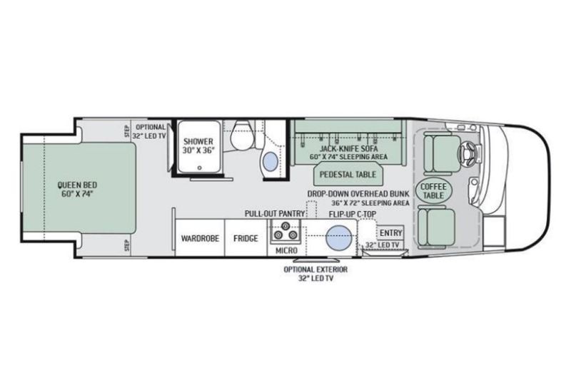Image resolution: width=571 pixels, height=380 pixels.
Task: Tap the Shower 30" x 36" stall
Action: click(x=197, y=145)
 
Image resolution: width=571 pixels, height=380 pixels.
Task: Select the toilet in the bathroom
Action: click(x=240, y=135)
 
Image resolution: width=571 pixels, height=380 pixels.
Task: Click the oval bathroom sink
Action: click(x=271, y=162)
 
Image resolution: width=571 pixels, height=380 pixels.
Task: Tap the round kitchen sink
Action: click(x=338, y=235)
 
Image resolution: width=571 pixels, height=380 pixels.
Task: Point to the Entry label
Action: click(x=390, y=232)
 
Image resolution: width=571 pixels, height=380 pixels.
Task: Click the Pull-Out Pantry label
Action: click(x=274, y=213)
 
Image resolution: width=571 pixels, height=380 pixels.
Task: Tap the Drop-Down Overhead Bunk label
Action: click(x=358, y=193)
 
